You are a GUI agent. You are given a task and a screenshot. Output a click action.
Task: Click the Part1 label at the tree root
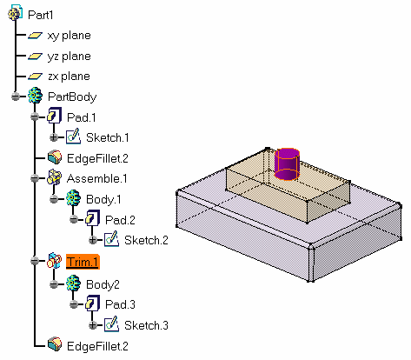pos(40,15)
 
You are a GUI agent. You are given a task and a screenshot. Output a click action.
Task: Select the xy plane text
pos(70,36)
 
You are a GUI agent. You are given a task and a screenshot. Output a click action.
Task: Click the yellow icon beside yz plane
pos(35,56)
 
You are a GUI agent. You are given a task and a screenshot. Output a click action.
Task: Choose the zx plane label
pos(69,77)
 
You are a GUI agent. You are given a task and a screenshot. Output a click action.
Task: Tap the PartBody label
pos(72,97)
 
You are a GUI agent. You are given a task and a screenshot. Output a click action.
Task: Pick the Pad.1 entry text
pos(81,117)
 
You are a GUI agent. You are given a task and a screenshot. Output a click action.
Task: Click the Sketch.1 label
pos(108,137)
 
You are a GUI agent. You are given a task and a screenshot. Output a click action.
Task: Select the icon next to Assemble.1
pos(54,177)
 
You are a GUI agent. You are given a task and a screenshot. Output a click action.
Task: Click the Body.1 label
pos(103,199)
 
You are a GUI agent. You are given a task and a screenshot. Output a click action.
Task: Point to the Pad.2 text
pos(120,220)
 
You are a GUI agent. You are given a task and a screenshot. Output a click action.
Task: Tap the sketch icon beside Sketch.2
pos(111,239)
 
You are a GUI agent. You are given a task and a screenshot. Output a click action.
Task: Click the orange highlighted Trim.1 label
pos(83,262)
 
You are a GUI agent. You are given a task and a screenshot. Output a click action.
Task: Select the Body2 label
pos(103,284)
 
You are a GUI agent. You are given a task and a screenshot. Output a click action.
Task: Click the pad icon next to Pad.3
pos(93,303)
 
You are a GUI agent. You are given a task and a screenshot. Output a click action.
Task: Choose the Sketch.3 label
pos(146,325)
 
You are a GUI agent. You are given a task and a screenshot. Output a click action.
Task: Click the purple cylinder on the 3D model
pos(287,164)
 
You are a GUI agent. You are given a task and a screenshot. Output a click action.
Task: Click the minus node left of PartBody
pos(16,97)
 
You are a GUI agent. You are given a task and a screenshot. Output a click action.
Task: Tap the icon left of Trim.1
pos(54,261)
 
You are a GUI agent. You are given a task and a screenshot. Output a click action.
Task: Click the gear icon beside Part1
pos(15,12)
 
